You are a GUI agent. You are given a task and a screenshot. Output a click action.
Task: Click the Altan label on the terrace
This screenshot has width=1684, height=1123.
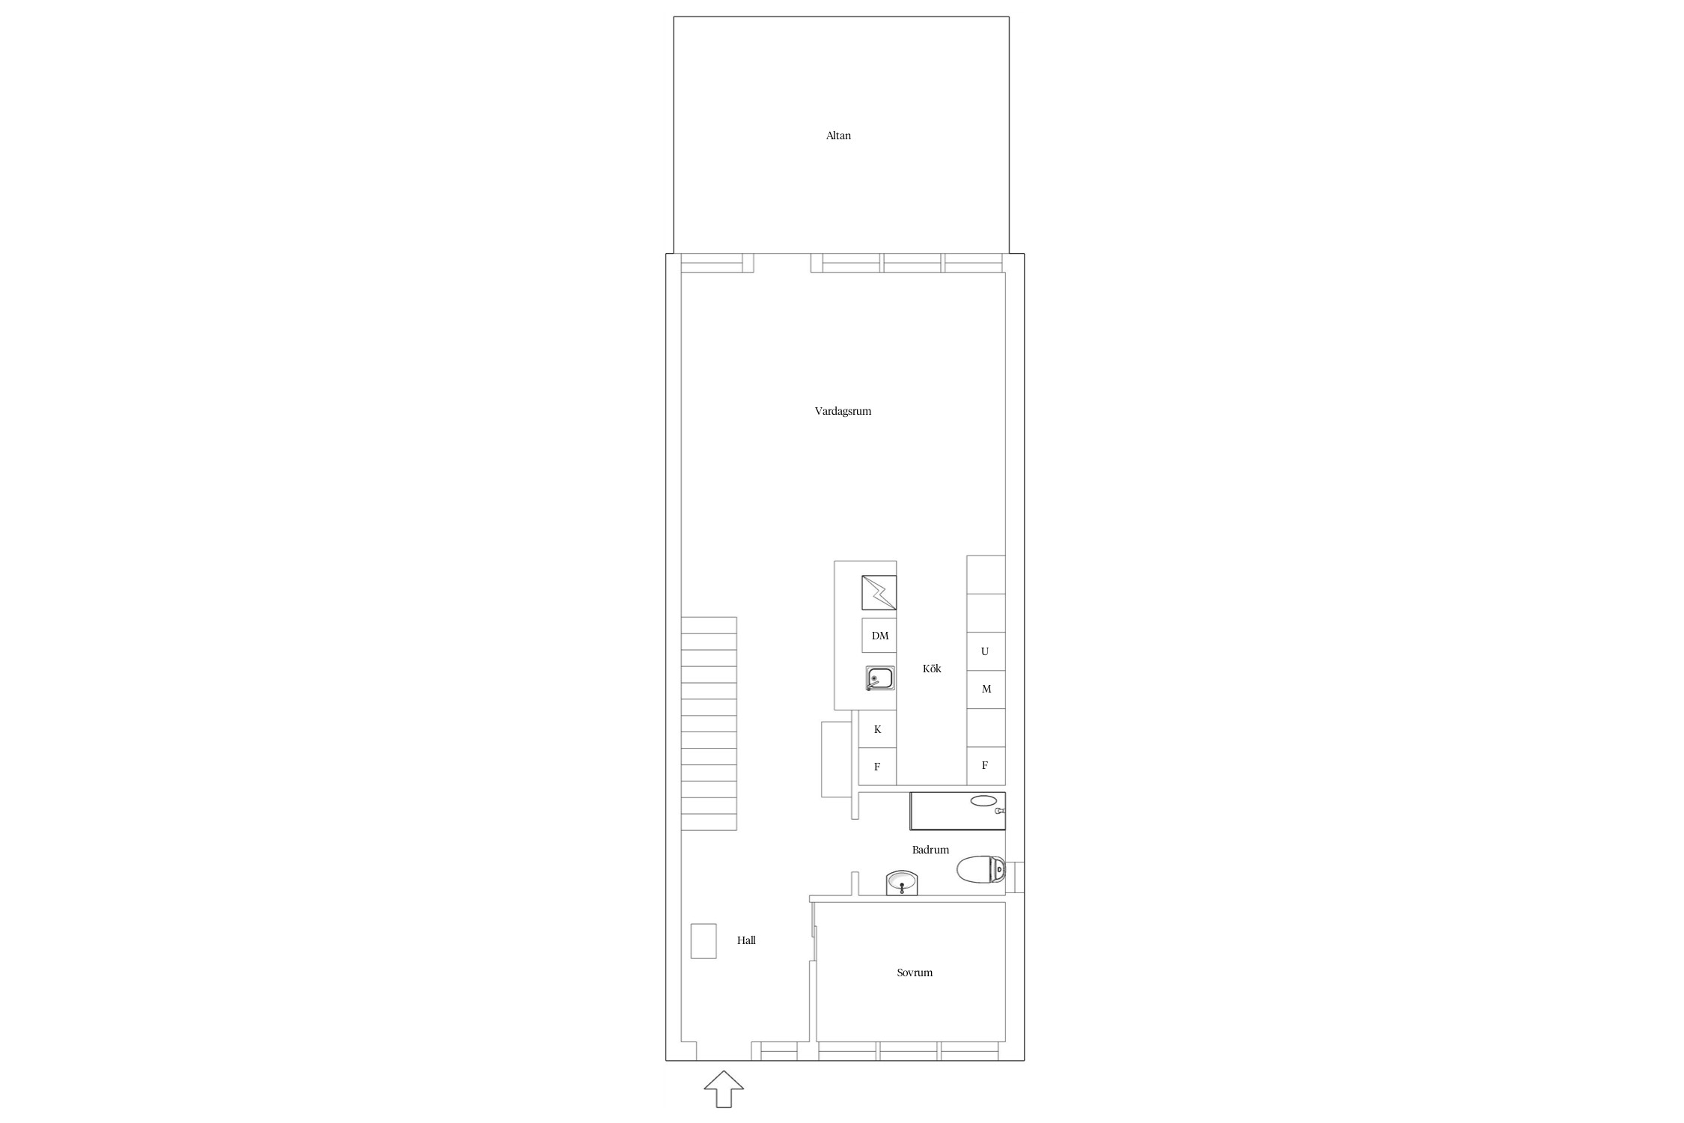point(838,136)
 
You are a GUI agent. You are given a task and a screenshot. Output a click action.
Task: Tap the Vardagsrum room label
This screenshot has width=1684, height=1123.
point(843,411)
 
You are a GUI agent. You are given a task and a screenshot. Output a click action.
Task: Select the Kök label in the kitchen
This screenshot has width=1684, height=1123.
point(932,669)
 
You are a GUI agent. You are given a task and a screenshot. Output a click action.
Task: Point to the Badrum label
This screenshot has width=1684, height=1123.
point(930,850)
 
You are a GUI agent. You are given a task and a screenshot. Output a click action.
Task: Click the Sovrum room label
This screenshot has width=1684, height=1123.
point(915,973)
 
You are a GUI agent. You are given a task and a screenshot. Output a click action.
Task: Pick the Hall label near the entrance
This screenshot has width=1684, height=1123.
point(746,940)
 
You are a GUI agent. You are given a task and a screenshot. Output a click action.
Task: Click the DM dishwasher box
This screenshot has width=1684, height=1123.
point(879,636)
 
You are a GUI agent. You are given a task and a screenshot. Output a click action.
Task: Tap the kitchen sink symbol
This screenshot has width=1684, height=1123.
point(879,678)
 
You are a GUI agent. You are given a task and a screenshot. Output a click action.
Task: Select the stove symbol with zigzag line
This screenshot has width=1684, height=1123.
point(879,593)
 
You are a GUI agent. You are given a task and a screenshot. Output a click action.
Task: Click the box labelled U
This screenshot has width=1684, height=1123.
point(986,651)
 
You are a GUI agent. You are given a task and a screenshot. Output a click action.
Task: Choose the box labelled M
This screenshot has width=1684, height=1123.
point(986,690)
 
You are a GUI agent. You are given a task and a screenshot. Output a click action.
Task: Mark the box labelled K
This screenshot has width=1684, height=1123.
point(877,728)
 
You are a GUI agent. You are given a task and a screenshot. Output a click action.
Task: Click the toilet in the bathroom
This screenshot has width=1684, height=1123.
point(981,869)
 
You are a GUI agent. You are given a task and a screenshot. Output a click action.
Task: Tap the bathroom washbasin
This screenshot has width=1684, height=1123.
point(902,883)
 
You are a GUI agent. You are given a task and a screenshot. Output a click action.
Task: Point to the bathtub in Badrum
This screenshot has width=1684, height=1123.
point(957,811)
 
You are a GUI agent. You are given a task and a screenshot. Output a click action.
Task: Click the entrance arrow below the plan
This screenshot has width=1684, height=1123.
point(724,1089)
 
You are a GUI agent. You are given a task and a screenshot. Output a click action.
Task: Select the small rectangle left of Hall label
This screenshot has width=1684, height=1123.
point(704,941)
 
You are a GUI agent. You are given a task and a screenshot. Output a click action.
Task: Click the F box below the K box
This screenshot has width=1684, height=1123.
point(877,766)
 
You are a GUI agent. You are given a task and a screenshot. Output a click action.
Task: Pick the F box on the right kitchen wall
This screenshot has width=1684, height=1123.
point(986,766)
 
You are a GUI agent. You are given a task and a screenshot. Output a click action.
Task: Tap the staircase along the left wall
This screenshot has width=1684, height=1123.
point(709,723)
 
